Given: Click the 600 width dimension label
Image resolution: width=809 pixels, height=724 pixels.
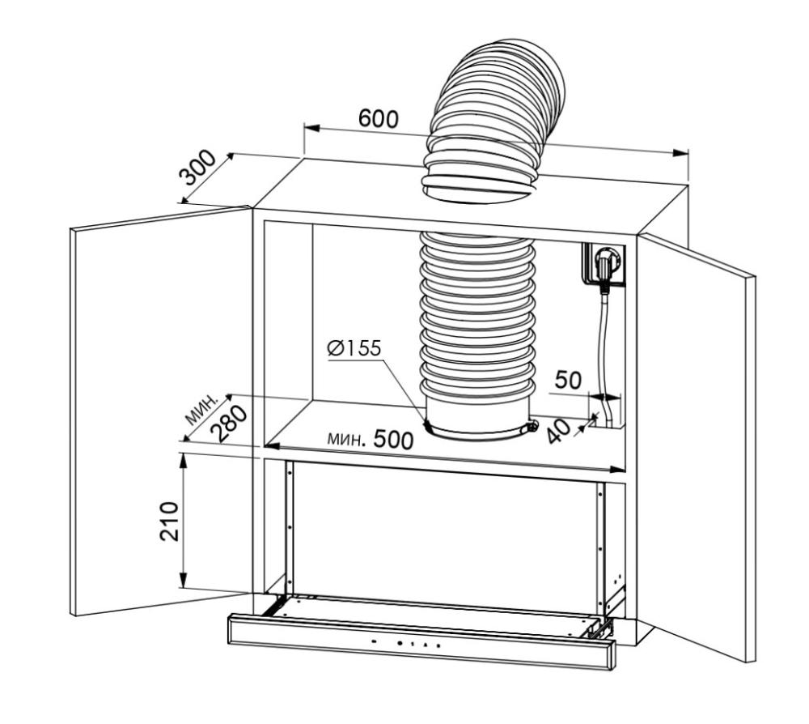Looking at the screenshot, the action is point(378,118).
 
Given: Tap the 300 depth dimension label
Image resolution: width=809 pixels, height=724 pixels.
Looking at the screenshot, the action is point(197,168).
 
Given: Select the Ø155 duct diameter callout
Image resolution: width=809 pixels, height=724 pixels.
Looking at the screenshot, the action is point(354,348).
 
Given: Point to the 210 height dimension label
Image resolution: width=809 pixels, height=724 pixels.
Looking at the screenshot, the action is point(169,521).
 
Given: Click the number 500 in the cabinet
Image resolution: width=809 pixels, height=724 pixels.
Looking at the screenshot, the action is point(393,440).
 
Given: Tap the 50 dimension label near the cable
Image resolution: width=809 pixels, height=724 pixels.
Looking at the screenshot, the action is point(568,380).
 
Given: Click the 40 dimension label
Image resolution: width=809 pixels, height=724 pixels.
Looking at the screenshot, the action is point(558,431).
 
